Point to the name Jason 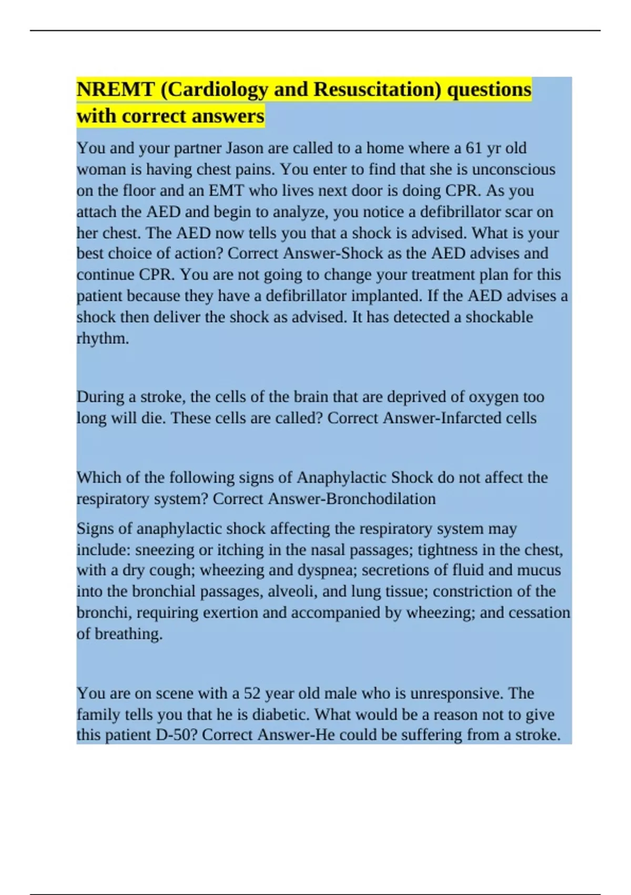tap(245, 148)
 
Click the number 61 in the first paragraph tap(474, 148)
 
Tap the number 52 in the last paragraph tap(252, 693)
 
